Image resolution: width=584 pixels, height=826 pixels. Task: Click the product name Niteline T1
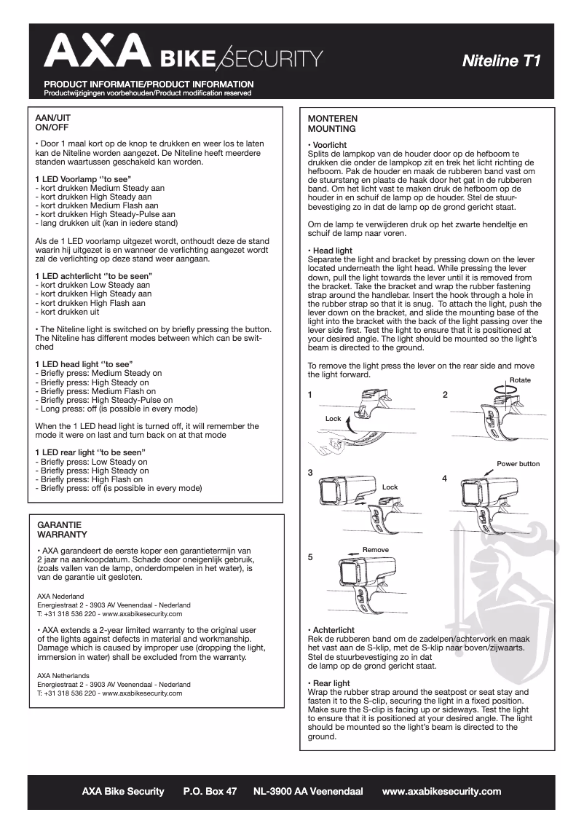pos(501,61)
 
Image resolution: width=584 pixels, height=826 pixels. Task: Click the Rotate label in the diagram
pos(520,380)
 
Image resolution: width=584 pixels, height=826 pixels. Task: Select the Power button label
pos(518,463)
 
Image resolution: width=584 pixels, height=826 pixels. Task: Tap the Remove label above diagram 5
pos(375,549)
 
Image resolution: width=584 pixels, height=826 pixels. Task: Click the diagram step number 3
pos(310,473)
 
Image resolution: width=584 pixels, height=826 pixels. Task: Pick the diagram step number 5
pos(310,557)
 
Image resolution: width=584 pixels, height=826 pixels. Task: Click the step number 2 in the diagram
pos(445,394)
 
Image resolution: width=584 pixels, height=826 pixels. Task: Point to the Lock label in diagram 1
pos(333,419)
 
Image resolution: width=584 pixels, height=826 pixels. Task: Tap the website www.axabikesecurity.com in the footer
pos(441,791)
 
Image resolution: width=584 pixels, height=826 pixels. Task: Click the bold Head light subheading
pos(332,251)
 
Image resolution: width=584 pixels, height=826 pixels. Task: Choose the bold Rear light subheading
pos(331,683)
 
